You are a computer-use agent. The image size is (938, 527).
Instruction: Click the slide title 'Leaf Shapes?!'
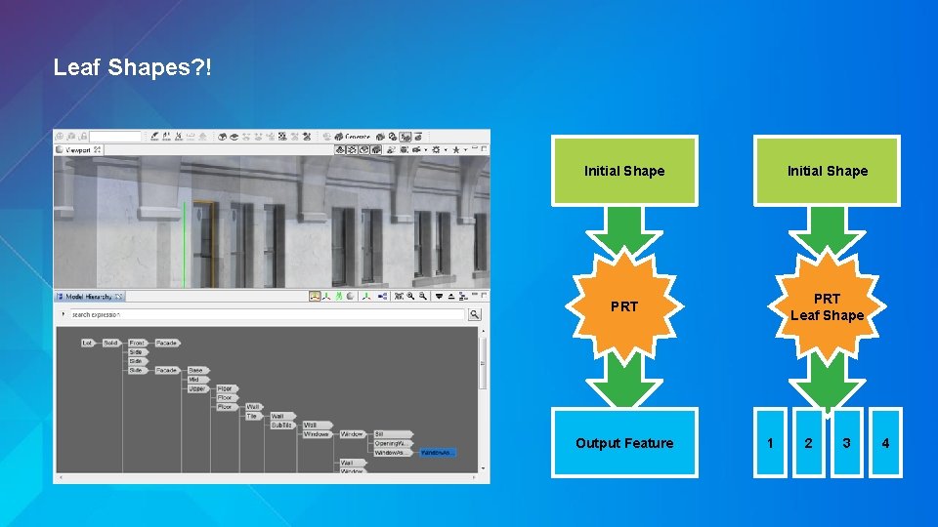(x=131, y=67)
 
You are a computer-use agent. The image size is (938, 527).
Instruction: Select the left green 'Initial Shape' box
(x=624, y=171)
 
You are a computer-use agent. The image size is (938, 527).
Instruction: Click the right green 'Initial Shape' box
(x=827, y=171)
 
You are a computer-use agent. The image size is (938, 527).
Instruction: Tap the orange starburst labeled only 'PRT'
(x=624, y=306)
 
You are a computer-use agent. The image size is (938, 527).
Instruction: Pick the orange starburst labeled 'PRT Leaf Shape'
(x=827, y=306)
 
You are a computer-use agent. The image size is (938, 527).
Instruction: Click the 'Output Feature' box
(x=624, y=443)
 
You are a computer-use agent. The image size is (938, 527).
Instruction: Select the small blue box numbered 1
(x=771, y=443)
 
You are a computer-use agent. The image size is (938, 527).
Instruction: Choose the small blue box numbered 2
(x=808, y=443)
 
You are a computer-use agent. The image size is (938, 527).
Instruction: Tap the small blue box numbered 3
(x=846, y=443)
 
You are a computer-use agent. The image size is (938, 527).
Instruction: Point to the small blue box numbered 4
(x=885, y=443)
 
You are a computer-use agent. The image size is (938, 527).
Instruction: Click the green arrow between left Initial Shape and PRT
(x=624, y=231)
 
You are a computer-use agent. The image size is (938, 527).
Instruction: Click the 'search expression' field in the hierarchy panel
(x=264, y=314)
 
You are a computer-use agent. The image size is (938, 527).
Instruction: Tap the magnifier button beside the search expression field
(x=475, y=314)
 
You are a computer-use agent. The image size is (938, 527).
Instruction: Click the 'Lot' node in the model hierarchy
(x=87, y=343)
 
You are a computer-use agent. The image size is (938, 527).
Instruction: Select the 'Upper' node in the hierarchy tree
(x=195, y=388)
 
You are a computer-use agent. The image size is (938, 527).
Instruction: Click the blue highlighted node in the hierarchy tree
(x=437, y=452)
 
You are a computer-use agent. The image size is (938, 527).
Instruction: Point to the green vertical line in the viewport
(x=183, y=244)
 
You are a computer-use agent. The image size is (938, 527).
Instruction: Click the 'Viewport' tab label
(x=78, y=150)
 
